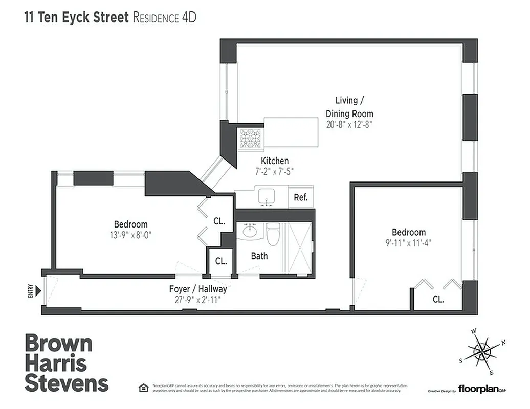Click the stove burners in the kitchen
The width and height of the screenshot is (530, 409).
251,138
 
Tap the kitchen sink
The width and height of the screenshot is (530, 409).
267,196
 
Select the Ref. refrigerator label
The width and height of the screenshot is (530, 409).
301,197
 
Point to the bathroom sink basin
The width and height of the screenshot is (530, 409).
249,231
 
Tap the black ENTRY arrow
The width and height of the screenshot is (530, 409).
38,291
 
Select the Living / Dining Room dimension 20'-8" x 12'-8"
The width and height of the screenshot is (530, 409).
349,124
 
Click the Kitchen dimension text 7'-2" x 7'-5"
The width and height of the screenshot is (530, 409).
276,171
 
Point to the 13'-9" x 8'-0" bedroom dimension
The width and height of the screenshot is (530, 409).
131,235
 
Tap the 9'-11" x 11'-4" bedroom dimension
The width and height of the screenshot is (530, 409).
409,243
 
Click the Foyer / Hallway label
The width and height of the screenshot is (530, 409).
198,289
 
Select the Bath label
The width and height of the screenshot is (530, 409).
259,255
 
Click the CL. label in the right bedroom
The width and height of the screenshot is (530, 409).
438,300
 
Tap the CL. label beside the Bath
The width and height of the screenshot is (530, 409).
220,261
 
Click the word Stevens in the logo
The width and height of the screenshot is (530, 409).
67,383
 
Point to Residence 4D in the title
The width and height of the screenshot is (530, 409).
165,18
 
